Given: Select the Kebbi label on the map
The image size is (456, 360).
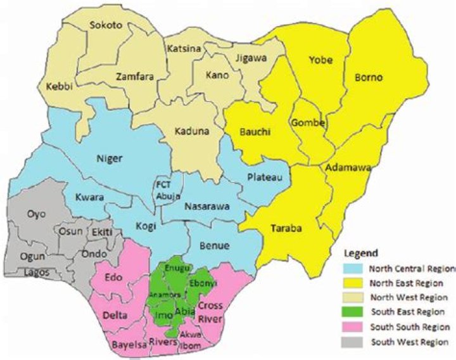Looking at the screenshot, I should click(x=55, y=87).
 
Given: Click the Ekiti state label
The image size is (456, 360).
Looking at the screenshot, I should click(x=101, y=233).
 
